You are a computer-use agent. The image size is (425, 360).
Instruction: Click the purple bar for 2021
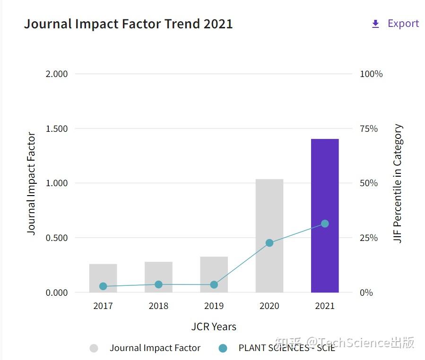click(x=325, y=215)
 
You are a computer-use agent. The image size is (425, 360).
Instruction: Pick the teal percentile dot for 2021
click(x=325, y=223)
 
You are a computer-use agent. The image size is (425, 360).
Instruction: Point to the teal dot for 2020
click(x=269, y=243)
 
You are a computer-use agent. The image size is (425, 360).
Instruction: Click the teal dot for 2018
click(x=158, y=284)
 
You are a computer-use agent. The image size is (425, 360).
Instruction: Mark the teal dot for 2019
click(x=214, y=284)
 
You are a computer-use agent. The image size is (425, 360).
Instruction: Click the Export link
click(x=403, y=24)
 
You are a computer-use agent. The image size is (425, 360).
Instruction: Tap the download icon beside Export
click(x=376, y=24)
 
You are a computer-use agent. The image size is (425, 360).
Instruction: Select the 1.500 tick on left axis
click(x=57, y=129)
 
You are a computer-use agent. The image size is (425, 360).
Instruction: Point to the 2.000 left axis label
click(x=57, y=74)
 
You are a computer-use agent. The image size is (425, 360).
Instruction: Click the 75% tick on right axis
click(x=369, y=129)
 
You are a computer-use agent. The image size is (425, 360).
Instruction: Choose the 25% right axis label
click(x=369, y=238)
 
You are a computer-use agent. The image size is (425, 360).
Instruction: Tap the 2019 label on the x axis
click(x=214, y=306)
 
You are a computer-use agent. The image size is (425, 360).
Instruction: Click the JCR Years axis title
click(x=214, y=326)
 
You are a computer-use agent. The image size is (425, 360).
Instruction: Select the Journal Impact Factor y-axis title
click(x=31, y=183)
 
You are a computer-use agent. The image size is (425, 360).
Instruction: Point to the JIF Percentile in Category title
click(x=398, y=183)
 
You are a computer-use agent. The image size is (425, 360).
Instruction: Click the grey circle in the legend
click(x=94, y=348)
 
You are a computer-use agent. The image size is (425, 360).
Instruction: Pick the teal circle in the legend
click(x=223, y=348)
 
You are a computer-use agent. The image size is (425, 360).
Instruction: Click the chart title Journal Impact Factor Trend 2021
click(x=128, y=24)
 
